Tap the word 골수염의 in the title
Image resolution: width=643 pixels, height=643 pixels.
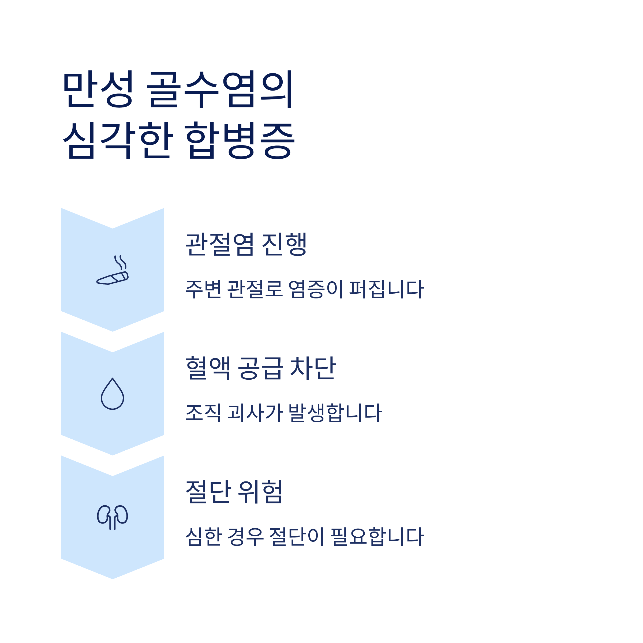(220, 89)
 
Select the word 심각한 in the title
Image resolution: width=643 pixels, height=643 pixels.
(118, 140)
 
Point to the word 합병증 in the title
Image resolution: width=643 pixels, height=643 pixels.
(240, 140)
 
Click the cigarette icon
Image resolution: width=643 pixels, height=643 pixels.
(113, 270)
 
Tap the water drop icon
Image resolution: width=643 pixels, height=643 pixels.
(113, 394)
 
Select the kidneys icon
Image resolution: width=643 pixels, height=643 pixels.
(113, 517)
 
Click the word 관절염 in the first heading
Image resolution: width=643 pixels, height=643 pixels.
(220, 245)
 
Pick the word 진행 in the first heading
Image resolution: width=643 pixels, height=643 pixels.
(284, 245)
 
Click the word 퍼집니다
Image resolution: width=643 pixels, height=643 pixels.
(386, 289)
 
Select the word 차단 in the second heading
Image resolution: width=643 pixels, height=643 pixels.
(313, 368)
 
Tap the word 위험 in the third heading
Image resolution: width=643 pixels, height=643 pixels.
(261, 492)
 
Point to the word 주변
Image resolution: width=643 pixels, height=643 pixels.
(203, 289)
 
